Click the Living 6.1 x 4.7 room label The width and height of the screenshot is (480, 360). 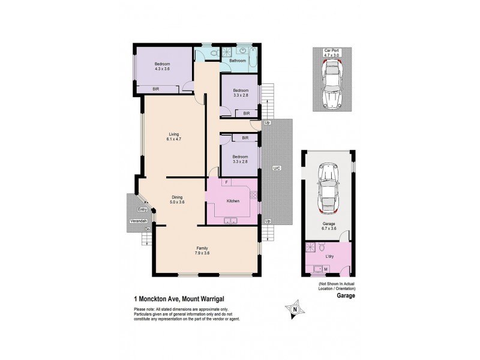pyautogui.click(x=174, y=136)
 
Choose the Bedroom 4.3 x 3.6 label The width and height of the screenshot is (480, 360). pyautogui.click(x=162, y=67)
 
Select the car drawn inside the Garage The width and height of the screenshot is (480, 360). pyautogui.click(x=328, y=189)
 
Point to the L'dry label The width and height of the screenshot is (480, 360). pyautogui.click(x=329, y=257)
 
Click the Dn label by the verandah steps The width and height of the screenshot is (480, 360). pyautogui.click(x=146, y=229)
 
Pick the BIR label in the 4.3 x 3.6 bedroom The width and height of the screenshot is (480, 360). pyautogui.click(x=155, y=89)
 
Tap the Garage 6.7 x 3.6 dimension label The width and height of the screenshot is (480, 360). pyautogui.click(x=328, y=226)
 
